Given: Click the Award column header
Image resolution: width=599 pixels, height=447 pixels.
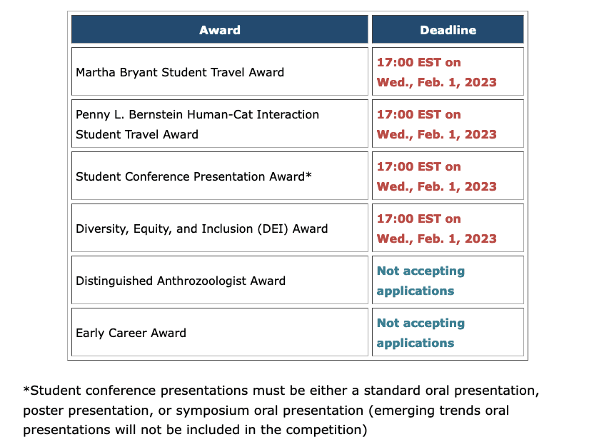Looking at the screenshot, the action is pos(220,29).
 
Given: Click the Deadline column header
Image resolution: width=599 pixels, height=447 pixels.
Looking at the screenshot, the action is pos(448,29).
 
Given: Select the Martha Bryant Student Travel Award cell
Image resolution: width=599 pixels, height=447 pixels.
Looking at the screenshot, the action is pos(220,71).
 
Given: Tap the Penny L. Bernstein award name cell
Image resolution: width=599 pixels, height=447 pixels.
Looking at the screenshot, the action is pos(220,124).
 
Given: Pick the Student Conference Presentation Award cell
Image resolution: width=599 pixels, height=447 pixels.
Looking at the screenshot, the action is pos(220,176).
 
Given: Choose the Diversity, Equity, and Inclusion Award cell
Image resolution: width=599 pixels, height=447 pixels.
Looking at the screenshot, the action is pos(220,228).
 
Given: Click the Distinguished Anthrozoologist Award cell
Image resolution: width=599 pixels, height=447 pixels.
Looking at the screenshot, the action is pos(220,280).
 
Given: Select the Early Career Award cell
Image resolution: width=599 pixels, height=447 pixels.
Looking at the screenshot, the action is pos(220,332).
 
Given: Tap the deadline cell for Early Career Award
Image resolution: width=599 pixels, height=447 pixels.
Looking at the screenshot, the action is pos(448,332).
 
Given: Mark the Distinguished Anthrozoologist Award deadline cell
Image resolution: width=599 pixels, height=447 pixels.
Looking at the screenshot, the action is pos(448,280).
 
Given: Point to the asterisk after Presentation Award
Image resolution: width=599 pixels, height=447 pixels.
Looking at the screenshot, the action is pos(308,174).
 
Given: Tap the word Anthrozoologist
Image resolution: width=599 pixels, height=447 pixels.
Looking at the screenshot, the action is pos(202,281).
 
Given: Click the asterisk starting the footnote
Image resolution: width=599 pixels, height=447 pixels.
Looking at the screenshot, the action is pos(26,389).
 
